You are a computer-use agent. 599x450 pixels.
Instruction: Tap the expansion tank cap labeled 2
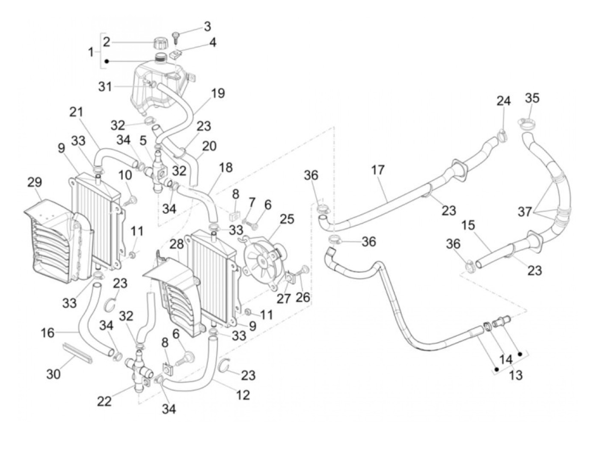pos(159,43)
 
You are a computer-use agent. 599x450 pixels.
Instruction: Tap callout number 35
pos(532,98)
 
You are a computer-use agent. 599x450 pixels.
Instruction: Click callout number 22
pos(104,401)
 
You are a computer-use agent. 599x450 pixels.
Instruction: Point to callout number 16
pos(48,332)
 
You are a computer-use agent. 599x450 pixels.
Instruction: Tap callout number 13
pos(516,375)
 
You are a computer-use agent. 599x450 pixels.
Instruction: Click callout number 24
pos(504,101)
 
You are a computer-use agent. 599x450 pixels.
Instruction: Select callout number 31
pos(105,87)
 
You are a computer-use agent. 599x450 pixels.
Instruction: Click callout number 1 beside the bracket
pos(91,52)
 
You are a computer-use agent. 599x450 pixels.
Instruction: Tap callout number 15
pos(468,225)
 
